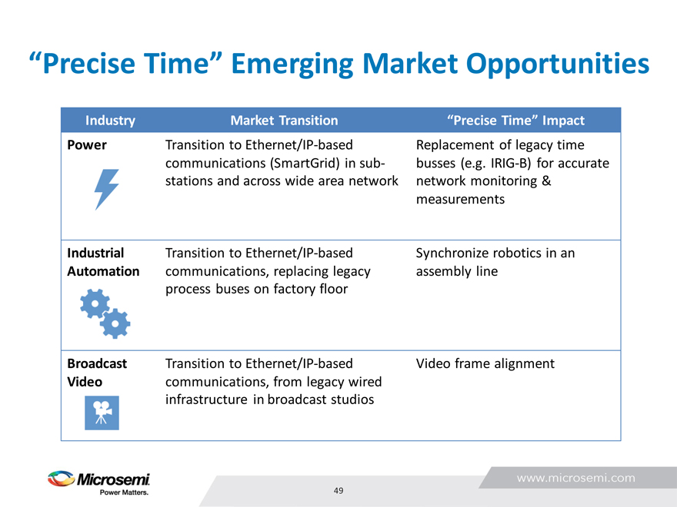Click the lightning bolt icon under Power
point(106,189)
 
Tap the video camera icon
point(102,413)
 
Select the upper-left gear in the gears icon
point(95,304)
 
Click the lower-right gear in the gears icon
point(115,323)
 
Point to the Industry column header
point(110,121)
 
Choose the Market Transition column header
point(284,121)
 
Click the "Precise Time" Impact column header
point(515,121)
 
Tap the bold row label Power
point(87,145)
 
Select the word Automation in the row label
point(103,271)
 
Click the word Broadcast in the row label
point(97,363)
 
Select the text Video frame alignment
point(485,363)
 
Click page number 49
point(338,491)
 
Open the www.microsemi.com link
point(576,478)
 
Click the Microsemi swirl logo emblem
point(62,478)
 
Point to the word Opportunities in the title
point(558,64)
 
